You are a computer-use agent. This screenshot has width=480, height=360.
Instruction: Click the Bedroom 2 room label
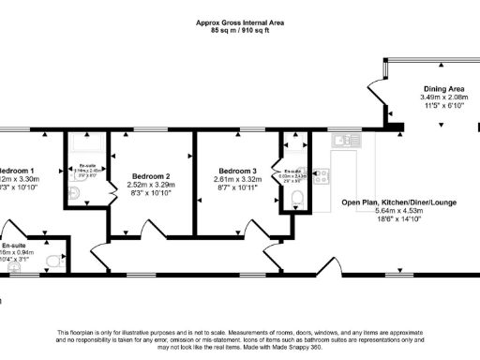click(x=151, y=176)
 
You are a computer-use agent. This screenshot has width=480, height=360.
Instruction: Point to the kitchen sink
click(x=344, y=141)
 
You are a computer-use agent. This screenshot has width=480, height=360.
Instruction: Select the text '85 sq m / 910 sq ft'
click(x=240, y=30)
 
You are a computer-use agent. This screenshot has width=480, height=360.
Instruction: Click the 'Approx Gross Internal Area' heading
click(x=240, y=22)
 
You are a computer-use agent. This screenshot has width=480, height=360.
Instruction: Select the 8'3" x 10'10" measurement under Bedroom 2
click(x=151, y=194)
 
